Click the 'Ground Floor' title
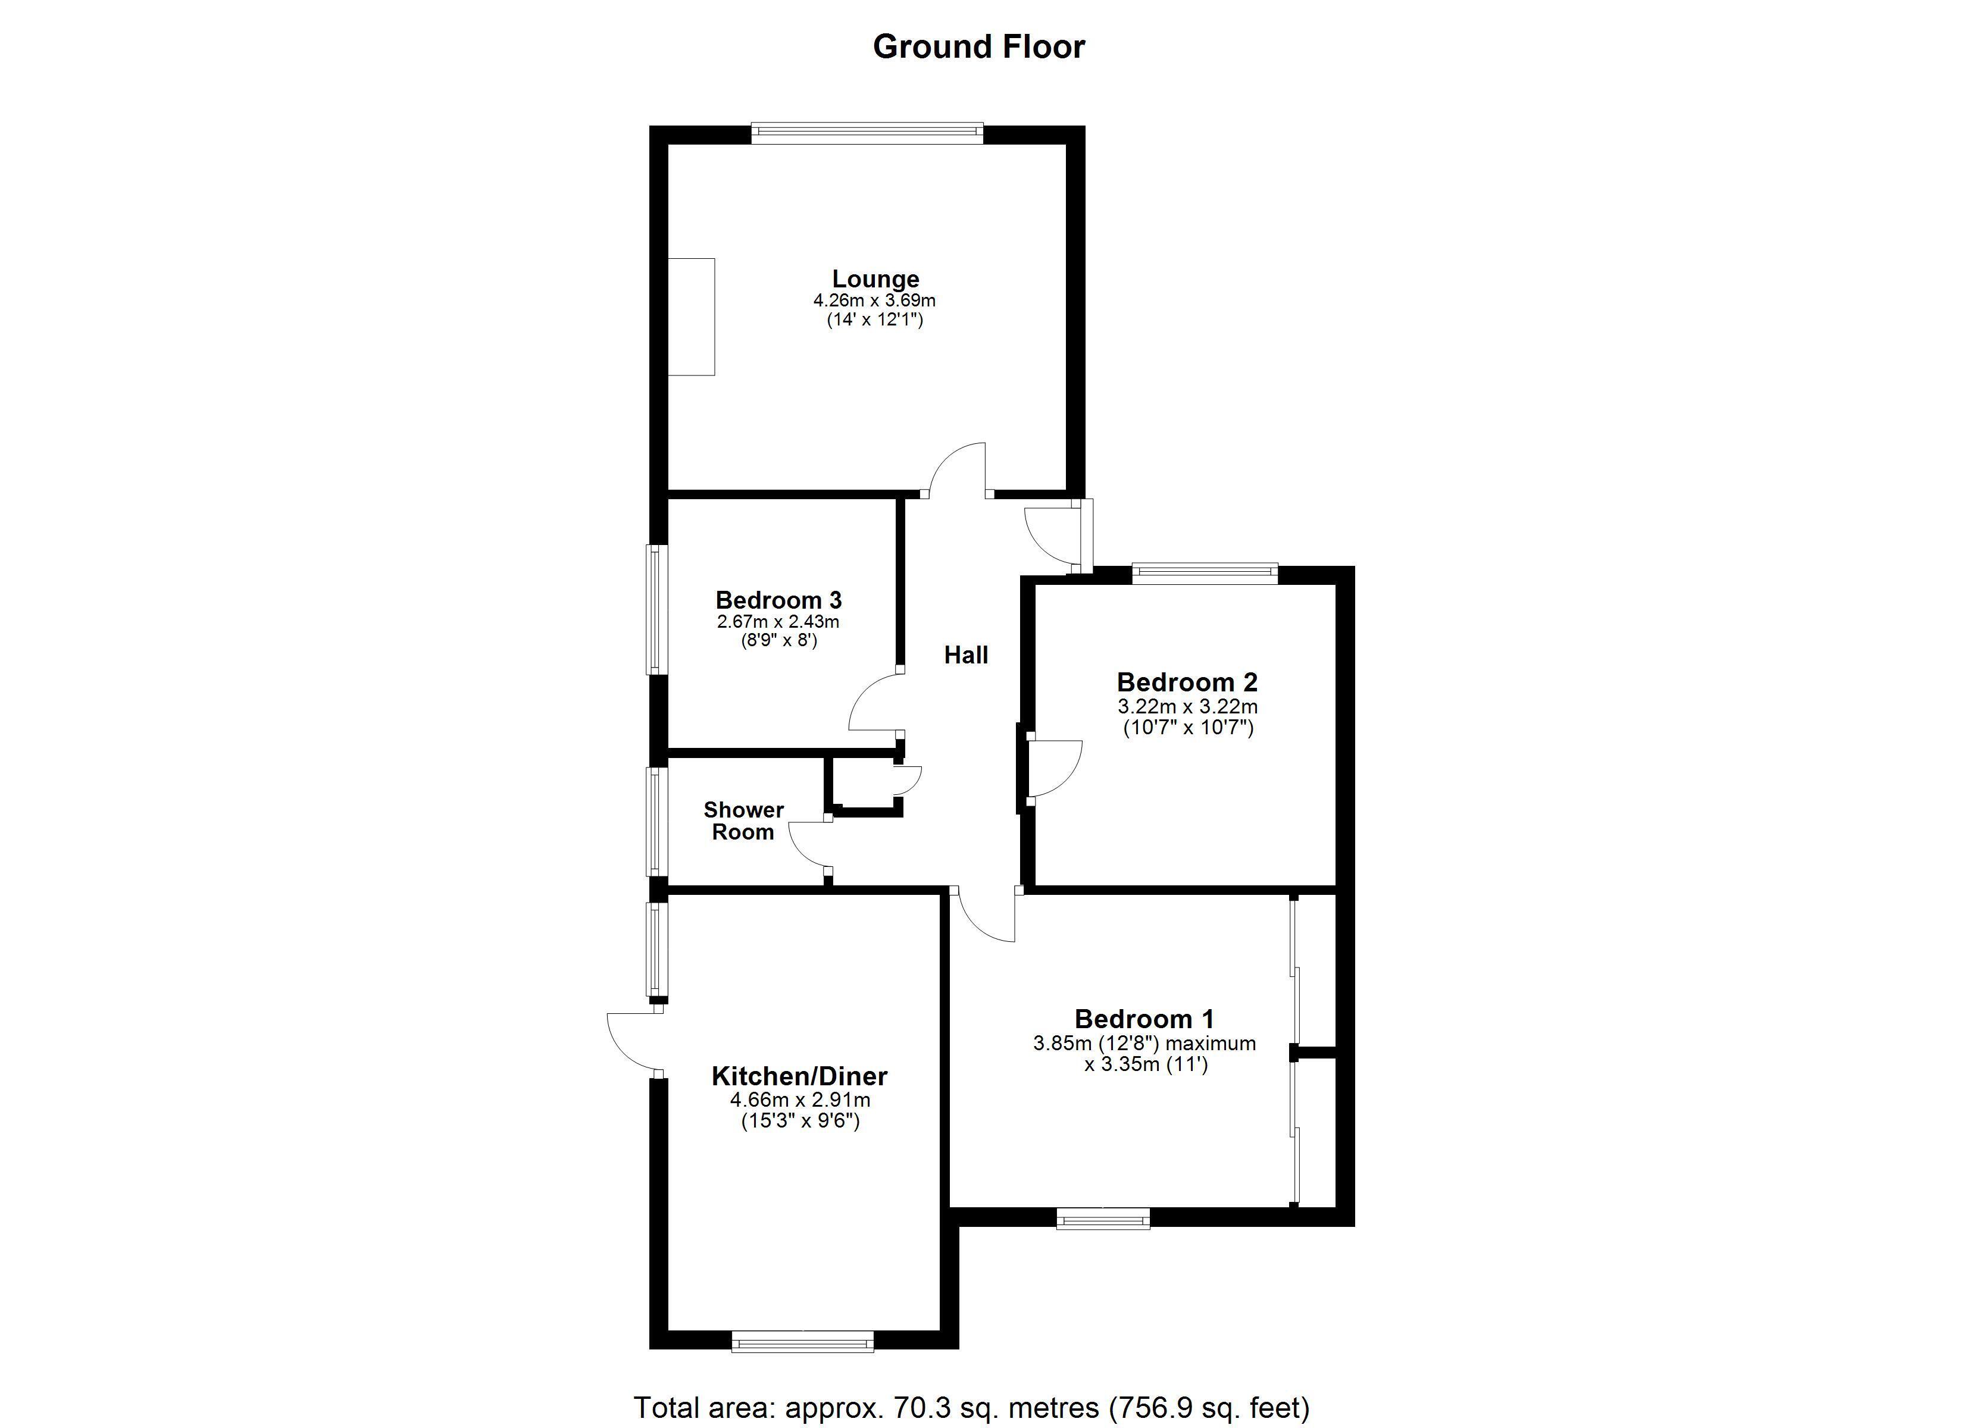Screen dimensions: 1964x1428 [978, 47]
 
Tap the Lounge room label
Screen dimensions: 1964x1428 [875, 279]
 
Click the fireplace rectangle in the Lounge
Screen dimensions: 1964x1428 [691, 317]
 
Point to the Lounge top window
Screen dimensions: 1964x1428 [867, 133]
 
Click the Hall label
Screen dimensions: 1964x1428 [965, 654]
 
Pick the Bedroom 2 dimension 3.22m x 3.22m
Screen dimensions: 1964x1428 [1188, 707]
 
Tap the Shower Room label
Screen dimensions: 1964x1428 [743, 821]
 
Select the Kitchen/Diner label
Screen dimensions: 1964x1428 [799, 1076]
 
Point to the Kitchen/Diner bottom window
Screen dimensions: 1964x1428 [803, 1343]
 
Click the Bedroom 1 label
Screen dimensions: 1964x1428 [1144, 1019]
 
